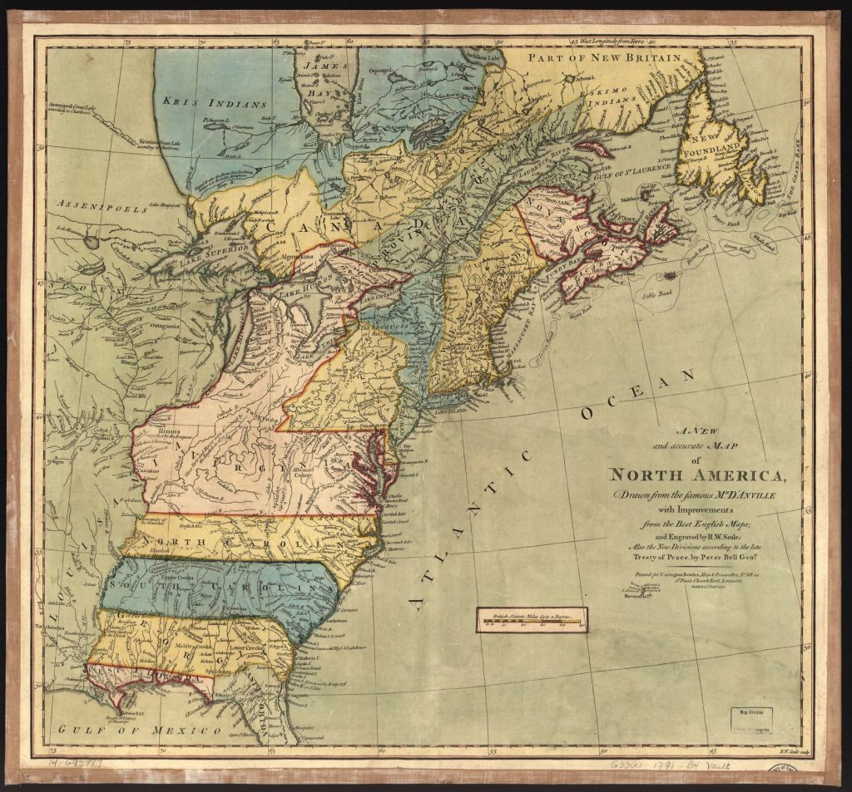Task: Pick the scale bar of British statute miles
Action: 532,619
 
